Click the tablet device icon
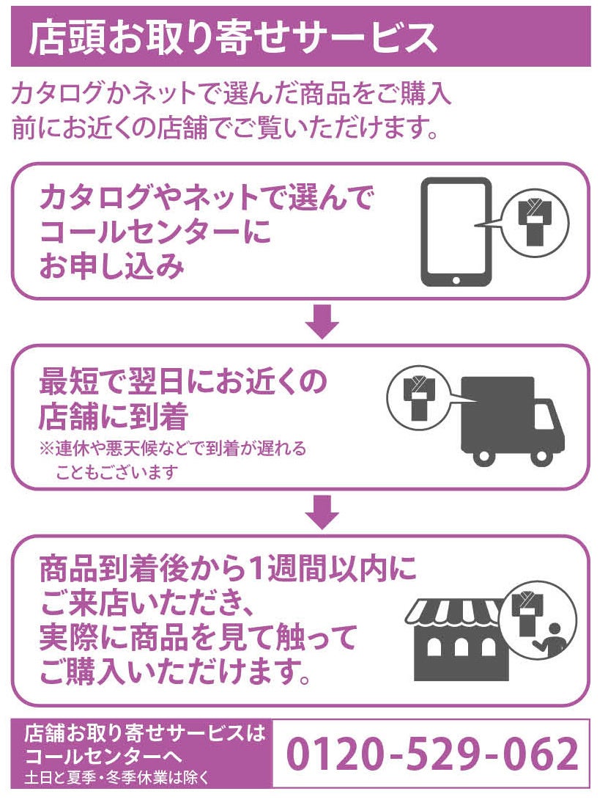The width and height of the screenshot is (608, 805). [x=455, y=232]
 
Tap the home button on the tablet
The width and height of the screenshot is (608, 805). [x=455, y=279]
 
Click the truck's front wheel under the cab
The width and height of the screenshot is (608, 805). [x=541, y=455]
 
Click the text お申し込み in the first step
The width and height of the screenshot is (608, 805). [x=111, y=267]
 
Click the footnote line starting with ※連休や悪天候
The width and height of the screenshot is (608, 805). [x=172, y=448]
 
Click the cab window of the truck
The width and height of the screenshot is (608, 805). [x=543, y=417]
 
